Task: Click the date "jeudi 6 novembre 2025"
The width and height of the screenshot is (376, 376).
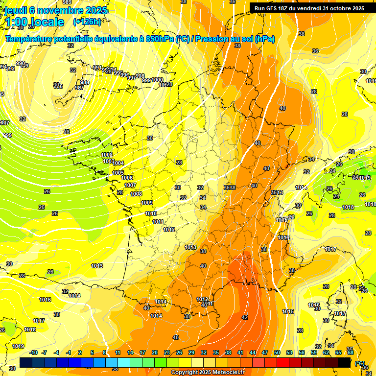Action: (57, 10)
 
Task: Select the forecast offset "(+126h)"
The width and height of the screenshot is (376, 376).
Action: (87, 22)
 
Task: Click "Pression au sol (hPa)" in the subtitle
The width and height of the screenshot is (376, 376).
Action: (235, 39)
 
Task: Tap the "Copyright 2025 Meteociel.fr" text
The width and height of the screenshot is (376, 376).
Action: (208, 373)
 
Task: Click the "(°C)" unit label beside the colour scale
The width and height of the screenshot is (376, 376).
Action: (360, 363)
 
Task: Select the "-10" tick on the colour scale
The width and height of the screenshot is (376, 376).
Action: (33, 352)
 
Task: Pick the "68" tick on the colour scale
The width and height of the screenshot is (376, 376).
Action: (351, 352)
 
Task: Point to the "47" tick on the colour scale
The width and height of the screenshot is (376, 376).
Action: (265, 352)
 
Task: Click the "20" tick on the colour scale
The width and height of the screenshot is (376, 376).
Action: (155, 352)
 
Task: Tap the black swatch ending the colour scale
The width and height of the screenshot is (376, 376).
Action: (344, 362)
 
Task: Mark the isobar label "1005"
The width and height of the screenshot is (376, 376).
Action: (118, 173)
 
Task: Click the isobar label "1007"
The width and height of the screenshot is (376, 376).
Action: (130, 185)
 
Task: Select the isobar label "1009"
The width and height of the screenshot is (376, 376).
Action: (147, 203)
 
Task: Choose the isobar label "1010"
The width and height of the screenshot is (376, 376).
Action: (151, 213)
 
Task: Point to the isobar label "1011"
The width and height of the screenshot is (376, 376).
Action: (158, 222)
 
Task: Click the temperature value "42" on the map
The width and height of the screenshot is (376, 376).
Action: (245, 317)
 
